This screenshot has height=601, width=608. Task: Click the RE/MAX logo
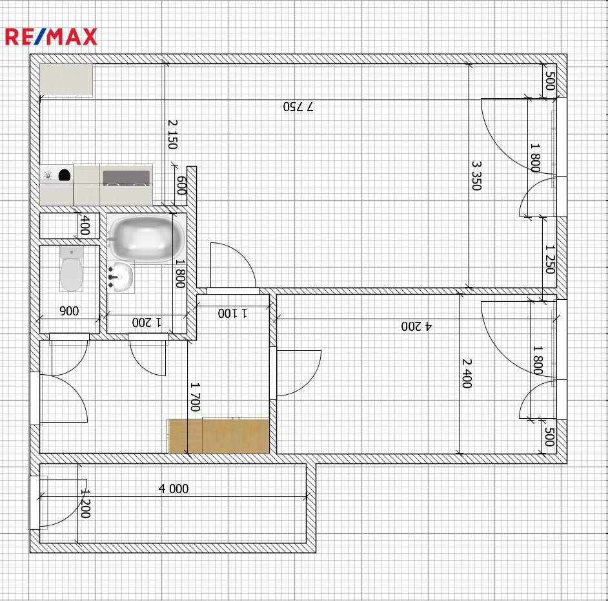pyautogui.click(x=51, y=37)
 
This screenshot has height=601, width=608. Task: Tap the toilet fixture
pyautogui.click(x=72, y=269)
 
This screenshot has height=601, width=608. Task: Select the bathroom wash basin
pyautogui.click(x=121, y=277)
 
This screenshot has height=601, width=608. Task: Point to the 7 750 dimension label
pyautogui.click(x=298, y=107)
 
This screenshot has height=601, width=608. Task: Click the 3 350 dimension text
pyautogui.click(x=476, y=176)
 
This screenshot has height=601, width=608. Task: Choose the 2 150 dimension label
pyautogui.click(x=172, y=134)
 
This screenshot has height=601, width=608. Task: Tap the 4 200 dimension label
pyautogui.click(x=416, y=326)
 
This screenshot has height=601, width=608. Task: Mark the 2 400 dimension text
pyautogui.click(x=467, y=374)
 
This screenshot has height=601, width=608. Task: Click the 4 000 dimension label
pyautogui.click(x=174, y=489)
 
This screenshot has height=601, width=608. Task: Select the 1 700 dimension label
pyautogui.click(x=196, y=397)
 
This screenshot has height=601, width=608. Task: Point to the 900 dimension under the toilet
pyautogui.click(x=69, y=311)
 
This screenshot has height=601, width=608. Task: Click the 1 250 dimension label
pyautogui.click(x=550, y=259)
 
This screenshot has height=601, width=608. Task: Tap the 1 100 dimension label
pyautogui.click(x=232, y=313)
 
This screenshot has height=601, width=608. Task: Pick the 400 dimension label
pyautogui.click(x=85, y=225)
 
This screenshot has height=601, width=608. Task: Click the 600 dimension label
pyautogui.click(x=181, y=185)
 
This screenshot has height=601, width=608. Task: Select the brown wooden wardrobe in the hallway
pyautogui.click(x=218, y=436)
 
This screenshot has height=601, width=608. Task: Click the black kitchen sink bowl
pyautogui.click(x=65, y=175)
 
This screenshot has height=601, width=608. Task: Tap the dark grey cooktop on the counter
pyautogui.click(x=126, y=178)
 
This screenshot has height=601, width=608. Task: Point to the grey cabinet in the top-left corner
pyautogui.click(x=66, y=80)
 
